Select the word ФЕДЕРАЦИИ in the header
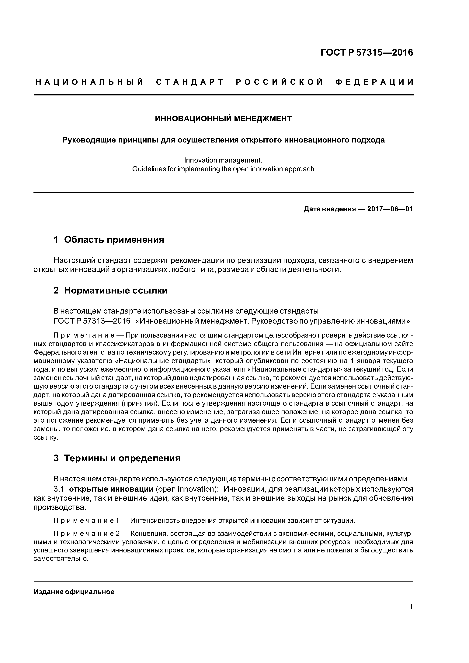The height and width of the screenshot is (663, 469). tap(374, 82)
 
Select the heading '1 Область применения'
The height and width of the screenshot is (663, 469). tap(109, 239)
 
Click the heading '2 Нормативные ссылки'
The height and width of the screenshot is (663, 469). tap(110, 290)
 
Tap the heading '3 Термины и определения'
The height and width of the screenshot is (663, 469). tap(117, 458)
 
